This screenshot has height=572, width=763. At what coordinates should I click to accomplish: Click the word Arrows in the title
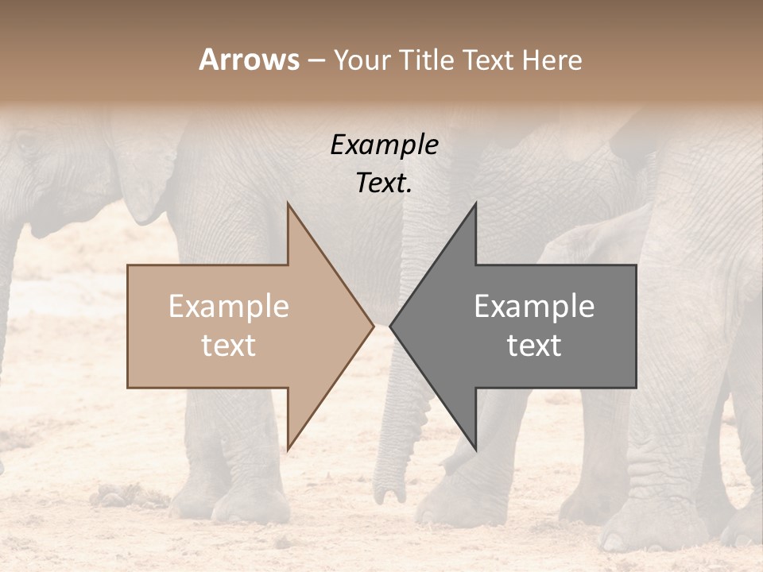click(x=250, y=60)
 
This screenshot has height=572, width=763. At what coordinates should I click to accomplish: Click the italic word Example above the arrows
click(x=385, y=145)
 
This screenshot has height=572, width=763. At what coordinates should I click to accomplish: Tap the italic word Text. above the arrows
click(x=385, y=184)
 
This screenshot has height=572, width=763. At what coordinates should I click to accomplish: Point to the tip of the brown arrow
click(x=373, y=326)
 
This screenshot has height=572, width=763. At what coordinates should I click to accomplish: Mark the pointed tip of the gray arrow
click(x=391, y=326)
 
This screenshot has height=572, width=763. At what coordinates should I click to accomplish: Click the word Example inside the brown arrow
click(x=229, y=307)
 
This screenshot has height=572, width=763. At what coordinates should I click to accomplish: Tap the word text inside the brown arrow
click(x=229, y=346)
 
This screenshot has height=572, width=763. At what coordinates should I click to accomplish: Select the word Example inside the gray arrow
click(x=534, y=307)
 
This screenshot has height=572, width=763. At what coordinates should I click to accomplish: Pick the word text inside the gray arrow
click(x=534, y=346)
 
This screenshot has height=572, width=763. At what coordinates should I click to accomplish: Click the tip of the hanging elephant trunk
click(x=390, y=496)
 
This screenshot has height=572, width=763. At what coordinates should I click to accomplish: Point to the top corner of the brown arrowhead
click(x=288, y=203)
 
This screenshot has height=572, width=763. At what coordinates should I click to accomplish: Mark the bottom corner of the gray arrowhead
click(x=475, y=449)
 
